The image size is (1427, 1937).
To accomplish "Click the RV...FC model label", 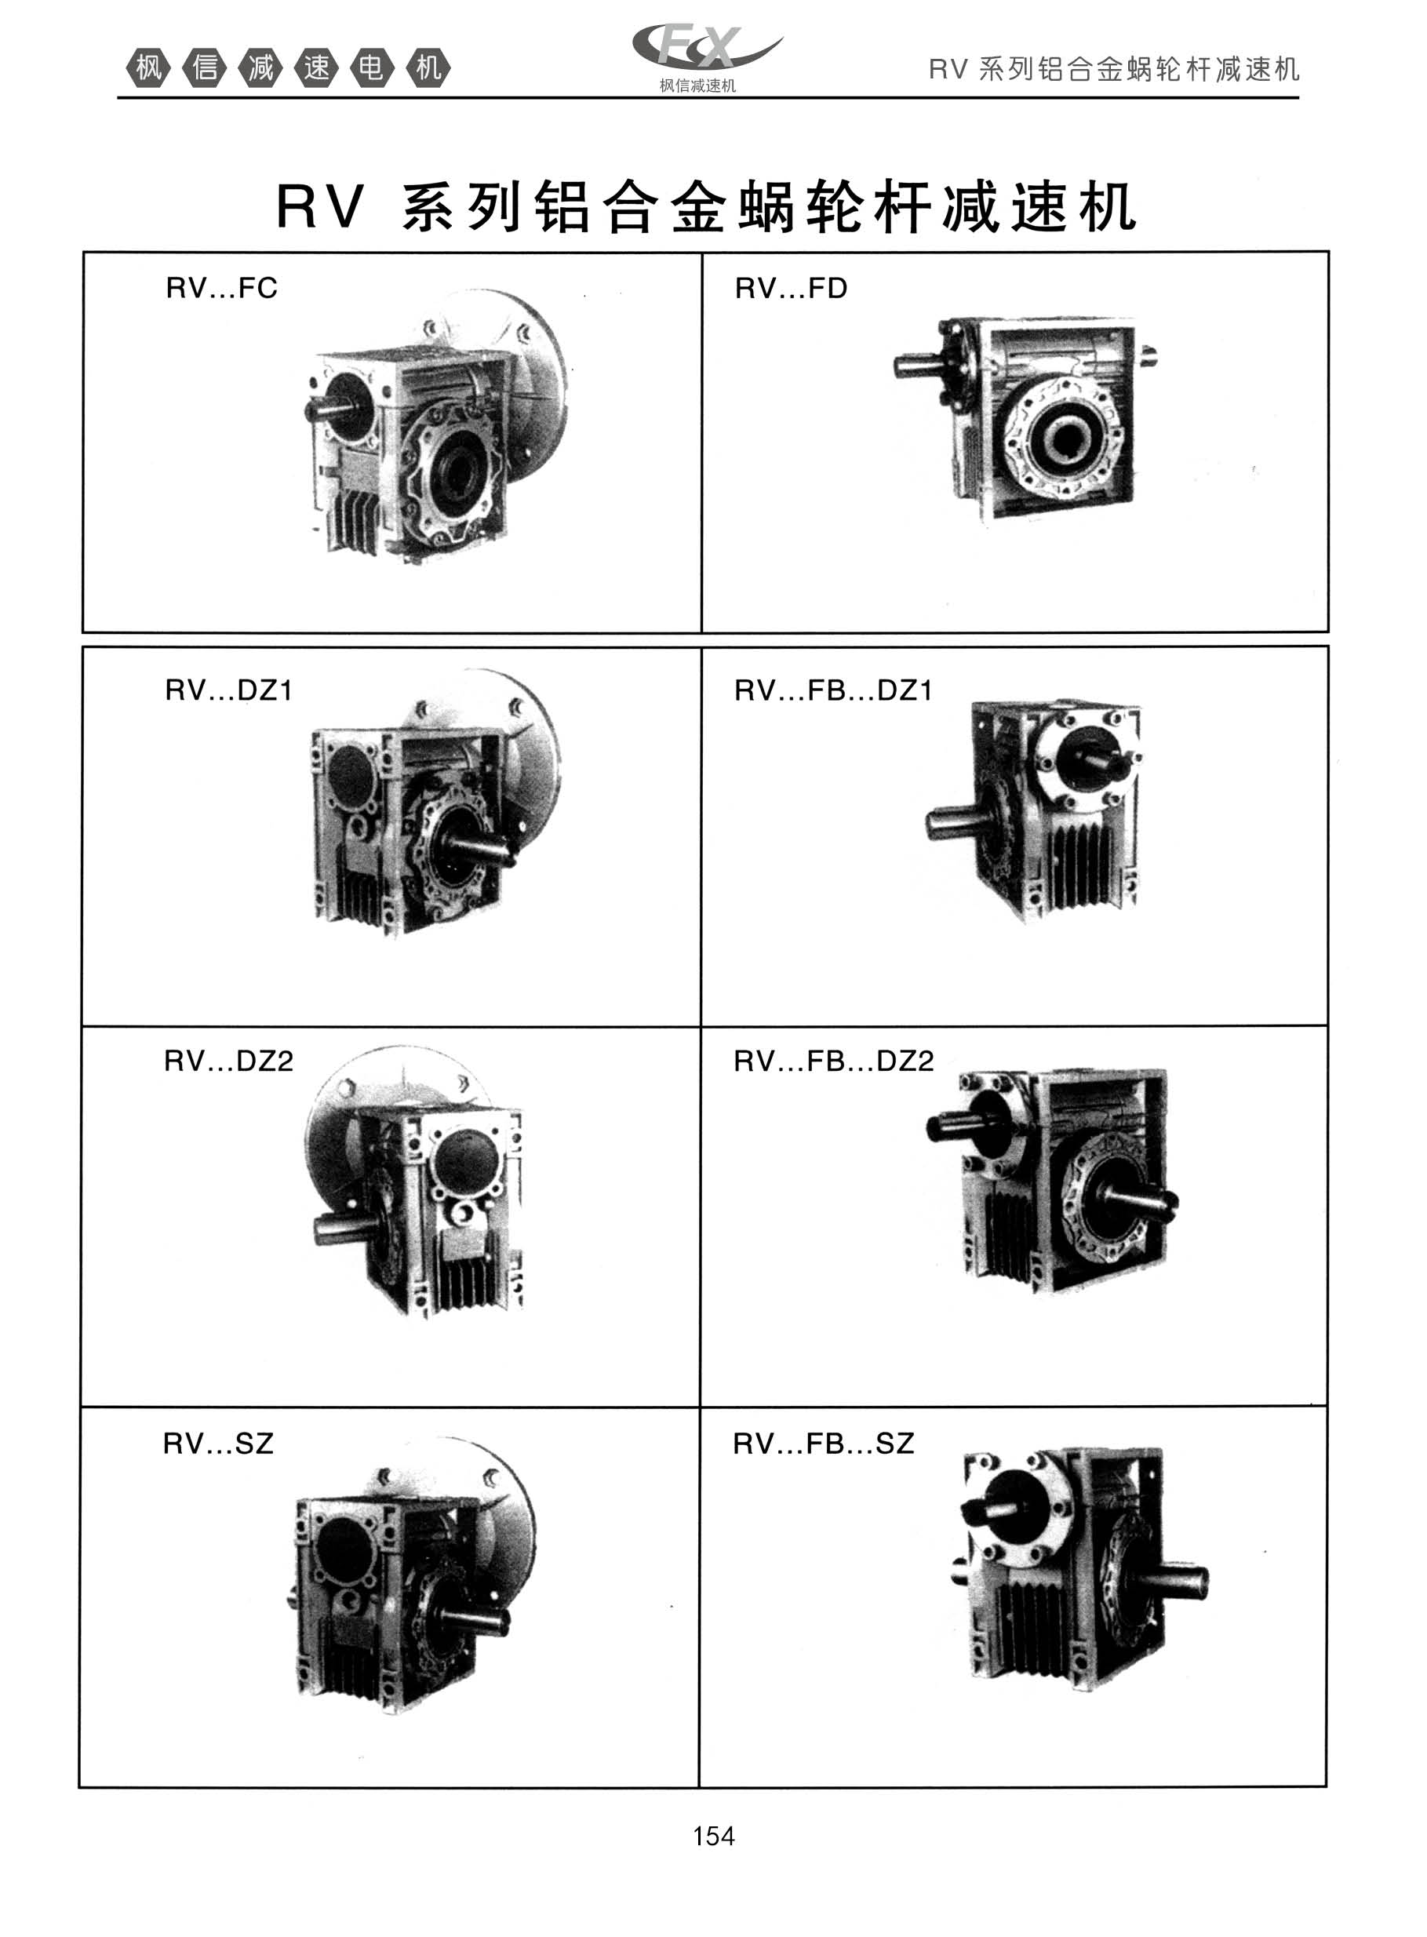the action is (x=222, y=288).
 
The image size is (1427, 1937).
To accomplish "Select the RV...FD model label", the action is (x=792, y=288).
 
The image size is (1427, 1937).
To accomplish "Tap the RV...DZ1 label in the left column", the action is (x=229, y=690).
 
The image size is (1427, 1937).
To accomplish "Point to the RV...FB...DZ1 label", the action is (x=834, y=690).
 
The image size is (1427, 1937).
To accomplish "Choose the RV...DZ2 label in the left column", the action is (x=229, y=1061).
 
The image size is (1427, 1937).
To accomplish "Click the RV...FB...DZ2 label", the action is (x=834, y=1061).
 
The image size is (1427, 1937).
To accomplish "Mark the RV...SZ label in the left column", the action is (x=219, y=1443).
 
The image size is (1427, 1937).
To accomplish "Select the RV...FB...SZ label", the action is (x=823, y=1443).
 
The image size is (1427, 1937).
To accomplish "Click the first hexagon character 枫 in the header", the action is (x=148, y=67).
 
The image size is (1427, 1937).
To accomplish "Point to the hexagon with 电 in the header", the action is (x=373, y=67).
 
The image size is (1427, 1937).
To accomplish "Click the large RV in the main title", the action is (x=319, y=207).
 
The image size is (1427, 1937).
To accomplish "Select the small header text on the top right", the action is (x=1114, y=69).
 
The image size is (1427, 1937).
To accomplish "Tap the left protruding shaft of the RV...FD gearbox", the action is (x=916, y=366).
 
